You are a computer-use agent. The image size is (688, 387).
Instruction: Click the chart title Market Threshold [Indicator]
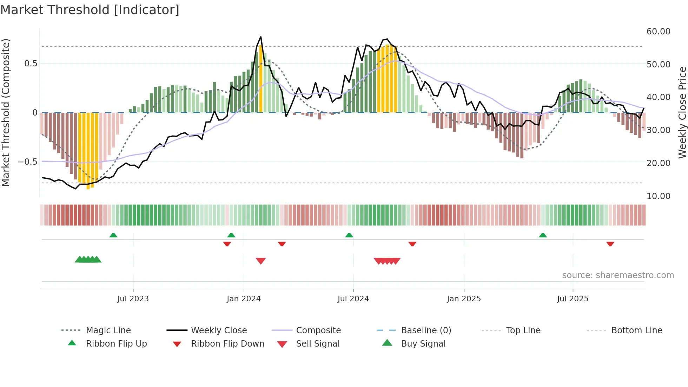click(x=90, y=10)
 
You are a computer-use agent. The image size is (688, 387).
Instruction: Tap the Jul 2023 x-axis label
click(x=133, y=299)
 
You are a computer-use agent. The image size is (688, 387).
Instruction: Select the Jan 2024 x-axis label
click(x=244, y=299)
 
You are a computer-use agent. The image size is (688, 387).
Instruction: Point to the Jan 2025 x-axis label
click(x=464, y=299)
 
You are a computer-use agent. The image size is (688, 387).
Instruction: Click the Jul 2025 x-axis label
click(x=573, y=299)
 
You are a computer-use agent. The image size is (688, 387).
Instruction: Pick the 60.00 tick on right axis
click(x=658, y=32)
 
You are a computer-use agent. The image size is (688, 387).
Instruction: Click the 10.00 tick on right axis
click(x=658, y=196)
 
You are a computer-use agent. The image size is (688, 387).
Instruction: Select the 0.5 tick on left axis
click(x=31, y=64)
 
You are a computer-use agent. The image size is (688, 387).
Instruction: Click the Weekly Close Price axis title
click(x=682, y=112)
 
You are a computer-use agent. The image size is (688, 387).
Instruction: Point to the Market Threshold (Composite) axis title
click(x=6, y=112)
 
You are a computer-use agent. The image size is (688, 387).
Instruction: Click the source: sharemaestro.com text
click(x=618, y=275)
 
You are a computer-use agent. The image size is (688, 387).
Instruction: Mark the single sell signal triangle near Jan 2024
click(x=261, y=261)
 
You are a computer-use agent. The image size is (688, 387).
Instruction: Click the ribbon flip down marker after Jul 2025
click(x=610, y=244)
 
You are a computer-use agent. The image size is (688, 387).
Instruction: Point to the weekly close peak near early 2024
click(x=260, y=37)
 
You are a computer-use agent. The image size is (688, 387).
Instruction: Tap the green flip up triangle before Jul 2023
click(x=113, y=235)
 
